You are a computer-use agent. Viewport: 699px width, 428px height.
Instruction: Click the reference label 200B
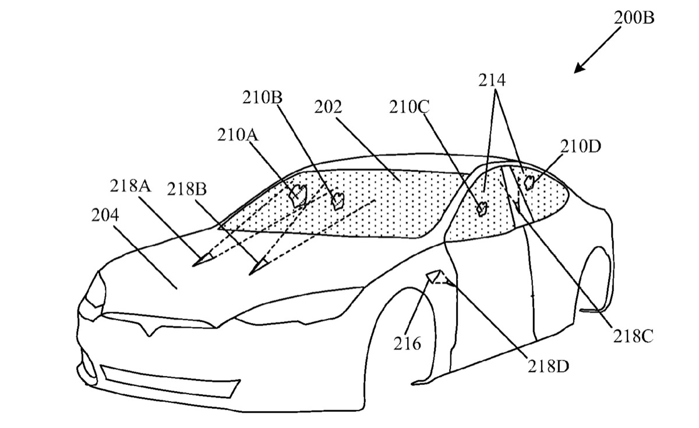[x=634, y=17]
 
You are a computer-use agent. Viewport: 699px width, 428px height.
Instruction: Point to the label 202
[x=328, y=107]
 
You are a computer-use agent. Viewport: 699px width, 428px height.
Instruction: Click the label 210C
[x=411, y=107]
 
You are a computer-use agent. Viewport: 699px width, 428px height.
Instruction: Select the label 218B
[x=188, y=190]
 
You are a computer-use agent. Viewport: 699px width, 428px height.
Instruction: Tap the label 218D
[x=548, y=366]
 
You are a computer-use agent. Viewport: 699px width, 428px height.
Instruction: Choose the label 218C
[x=631, y=335]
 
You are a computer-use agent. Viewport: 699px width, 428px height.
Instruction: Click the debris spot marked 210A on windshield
[x=299, y=194]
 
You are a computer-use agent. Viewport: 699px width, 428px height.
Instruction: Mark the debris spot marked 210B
[x=337, y=200]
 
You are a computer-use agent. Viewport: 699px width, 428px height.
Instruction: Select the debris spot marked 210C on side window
[x=482, y=209]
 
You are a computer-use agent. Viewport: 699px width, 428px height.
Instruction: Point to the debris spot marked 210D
[x=530, y=182]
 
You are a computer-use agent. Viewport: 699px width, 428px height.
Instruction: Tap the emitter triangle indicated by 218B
[x=256, y=268]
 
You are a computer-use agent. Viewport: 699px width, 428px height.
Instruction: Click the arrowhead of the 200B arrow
[x=577, y=71]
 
